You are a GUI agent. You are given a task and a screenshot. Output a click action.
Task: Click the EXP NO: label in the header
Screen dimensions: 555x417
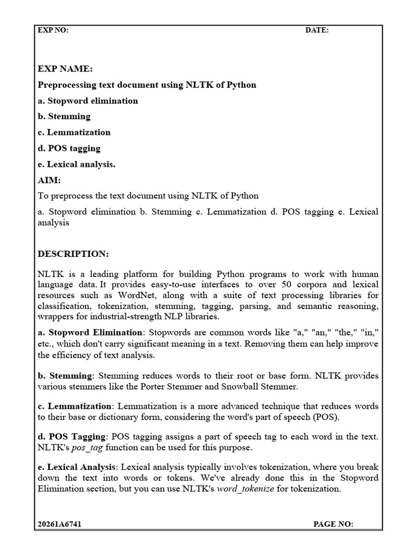pyautogui.click(x=53, y=30)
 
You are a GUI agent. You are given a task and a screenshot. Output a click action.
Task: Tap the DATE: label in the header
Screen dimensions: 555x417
pyautogui.click(x=317, y=30)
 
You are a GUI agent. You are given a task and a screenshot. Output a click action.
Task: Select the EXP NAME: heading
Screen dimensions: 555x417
pyautogui.click(x=65, y=69)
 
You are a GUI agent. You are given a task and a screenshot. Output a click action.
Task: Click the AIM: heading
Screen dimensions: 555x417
pyautogui.click(x=49, y=179)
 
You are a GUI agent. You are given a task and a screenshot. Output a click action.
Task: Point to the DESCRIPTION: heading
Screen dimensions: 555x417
pyautogui.click(x=73, y=254)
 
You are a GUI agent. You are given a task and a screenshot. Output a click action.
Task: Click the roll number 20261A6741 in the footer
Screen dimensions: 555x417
pyautogui.click(x=60, y=524)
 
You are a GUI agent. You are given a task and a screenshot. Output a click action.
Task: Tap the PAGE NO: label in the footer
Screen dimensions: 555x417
pyautogui.click(x=333, y=524)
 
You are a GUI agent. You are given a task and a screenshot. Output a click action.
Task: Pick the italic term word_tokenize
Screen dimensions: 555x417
pyautogui.click(x=245, y=488)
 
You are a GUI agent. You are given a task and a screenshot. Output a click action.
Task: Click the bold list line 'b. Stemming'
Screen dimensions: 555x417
pyautogui.click(x=64, y=117)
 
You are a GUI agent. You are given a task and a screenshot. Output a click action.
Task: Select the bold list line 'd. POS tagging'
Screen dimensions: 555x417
pyautogui.click(x=69, y=148)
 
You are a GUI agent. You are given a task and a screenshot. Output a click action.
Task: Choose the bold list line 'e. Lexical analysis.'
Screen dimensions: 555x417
pyautogui.click(x=77, y=164)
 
